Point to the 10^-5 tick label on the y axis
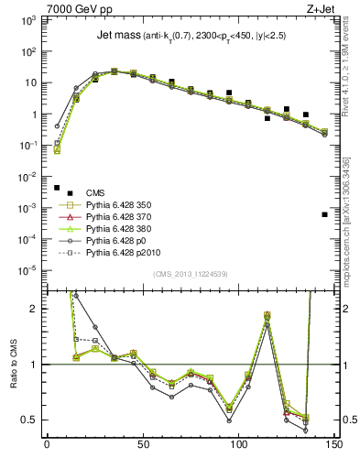[x=27, y=270]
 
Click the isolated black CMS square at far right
[x=325, y=214]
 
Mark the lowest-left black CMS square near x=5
[x=57, y=188]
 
